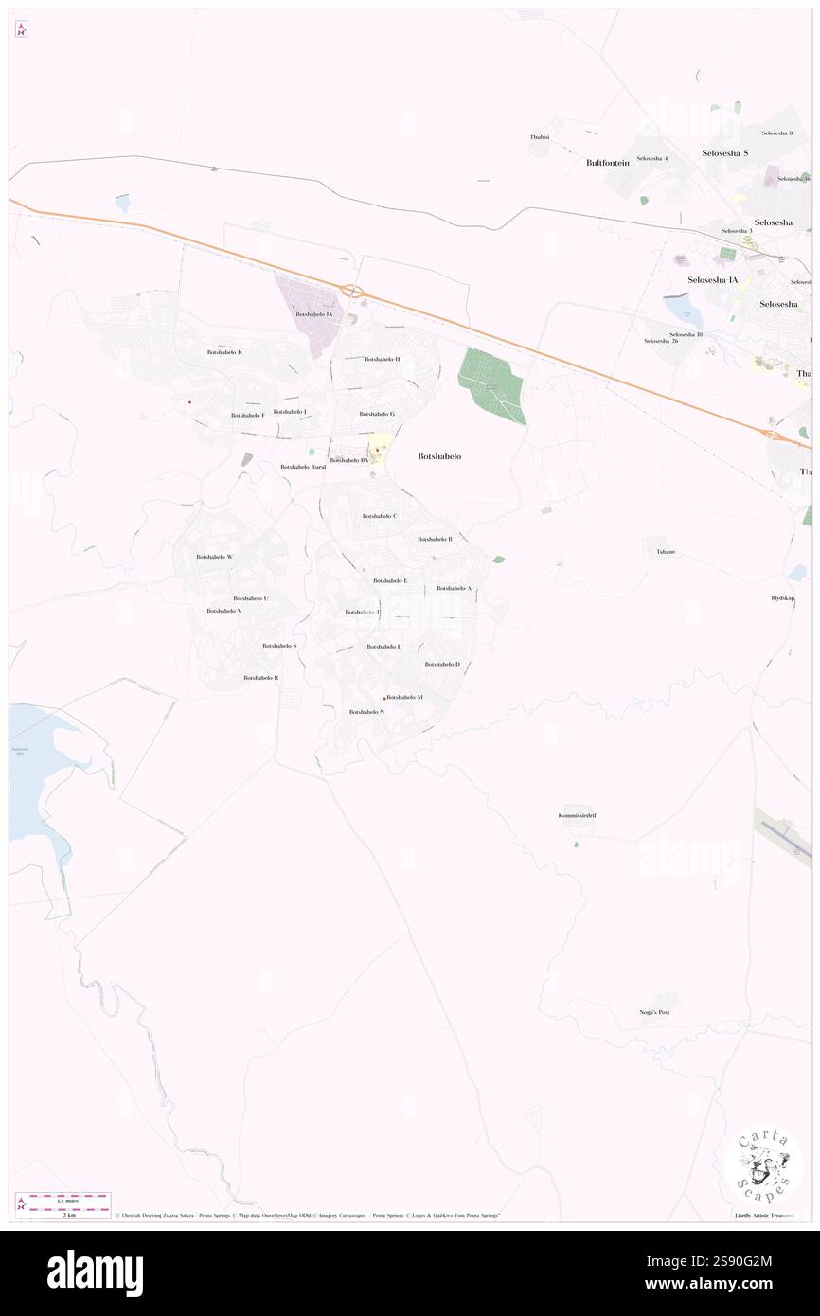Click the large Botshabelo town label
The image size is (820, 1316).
coord(439,456)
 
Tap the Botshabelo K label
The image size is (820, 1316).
coord(224,352)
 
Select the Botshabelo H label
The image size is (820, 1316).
coord(383,360)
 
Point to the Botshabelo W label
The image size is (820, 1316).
coord(214,557)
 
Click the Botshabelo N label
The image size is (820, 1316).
coord(366,711)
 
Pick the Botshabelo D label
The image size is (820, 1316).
coord(442,664)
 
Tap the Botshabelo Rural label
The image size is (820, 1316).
coord(303,467)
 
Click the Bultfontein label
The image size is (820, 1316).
coord(608,163)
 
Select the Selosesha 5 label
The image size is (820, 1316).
coord(725,152)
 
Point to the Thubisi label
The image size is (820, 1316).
coord(540,137)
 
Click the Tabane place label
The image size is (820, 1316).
coord(666,551)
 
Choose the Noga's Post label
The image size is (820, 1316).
coord(654,1012)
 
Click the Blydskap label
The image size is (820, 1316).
coord(782,598)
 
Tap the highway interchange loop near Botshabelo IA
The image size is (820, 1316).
coord(354,291)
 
